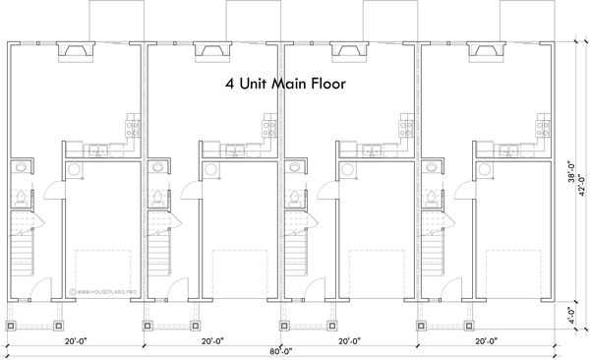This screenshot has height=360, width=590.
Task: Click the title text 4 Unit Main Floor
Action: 286,86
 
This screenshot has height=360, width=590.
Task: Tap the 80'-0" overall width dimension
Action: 286,351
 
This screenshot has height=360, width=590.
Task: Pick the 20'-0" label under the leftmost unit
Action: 79,341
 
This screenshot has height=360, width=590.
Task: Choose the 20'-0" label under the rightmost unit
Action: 487,341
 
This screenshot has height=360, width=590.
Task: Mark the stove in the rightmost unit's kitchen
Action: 539,126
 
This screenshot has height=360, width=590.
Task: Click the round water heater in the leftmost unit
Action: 75,169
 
